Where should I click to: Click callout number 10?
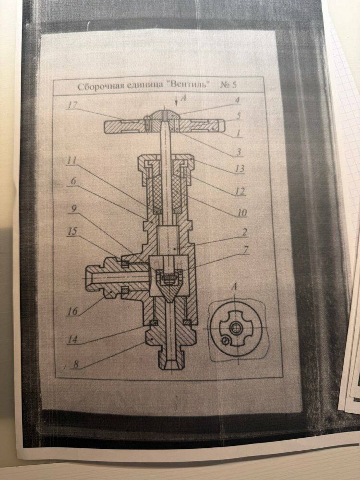[x=241, y=212]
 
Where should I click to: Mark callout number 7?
[x=244, y=250]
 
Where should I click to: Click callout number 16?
[x=72, y=312]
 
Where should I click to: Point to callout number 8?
[x=76, y=364]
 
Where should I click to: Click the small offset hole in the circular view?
[x=226, y=341]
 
